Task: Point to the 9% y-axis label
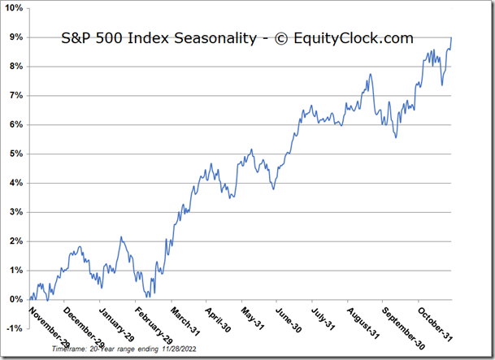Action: [x=16, y=37]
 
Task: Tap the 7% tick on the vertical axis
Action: [x=16, y=96]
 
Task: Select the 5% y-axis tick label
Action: [x=16, y=154]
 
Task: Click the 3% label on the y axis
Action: [x=16, y=212]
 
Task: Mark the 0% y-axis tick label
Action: [x=16, y=299]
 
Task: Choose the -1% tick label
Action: [x=15, y=328]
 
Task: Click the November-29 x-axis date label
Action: [x=47, y=323]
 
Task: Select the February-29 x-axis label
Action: [x=153, y=323]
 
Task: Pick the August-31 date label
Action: [x=360, y=323]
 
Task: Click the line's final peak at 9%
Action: [x=452, y=38]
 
